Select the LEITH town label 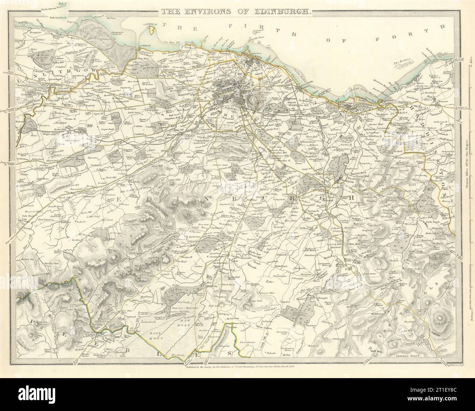coord(255,56)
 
